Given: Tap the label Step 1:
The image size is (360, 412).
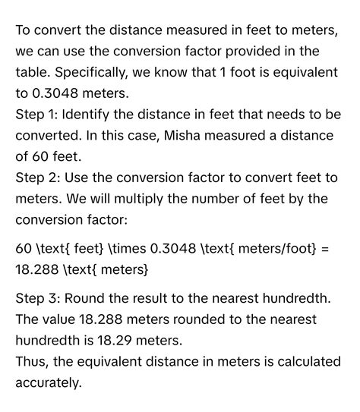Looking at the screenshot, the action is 37,115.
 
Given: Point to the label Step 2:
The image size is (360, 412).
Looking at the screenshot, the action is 38,177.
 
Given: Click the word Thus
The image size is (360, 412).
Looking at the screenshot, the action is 31,362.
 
